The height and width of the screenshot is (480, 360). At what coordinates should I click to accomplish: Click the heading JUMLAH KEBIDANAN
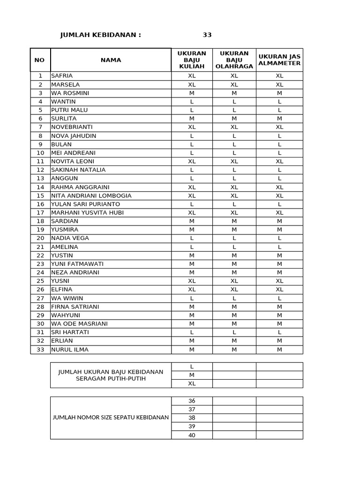point(100,35)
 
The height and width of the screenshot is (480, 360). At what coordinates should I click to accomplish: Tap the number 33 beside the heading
point(207,35)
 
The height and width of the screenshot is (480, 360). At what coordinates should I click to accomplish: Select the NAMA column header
point(111,60)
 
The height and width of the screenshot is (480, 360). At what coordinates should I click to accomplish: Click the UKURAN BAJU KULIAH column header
point(192,60)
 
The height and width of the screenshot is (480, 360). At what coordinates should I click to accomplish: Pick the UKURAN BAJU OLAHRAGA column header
point(234,60)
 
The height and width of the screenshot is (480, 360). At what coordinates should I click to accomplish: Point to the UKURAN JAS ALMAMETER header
point(279,60)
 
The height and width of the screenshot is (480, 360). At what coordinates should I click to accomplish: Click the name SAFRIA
point(62,76)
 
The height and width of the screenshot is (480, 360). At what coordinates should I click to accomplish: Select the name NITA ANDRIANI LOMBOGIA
point(91,195)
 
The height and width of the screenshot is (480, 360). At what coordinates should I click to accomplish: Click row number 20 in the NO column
point(40,238)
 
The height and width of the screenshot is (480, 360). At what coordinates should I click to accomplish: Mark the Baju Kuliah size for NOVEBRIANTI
point(192,127)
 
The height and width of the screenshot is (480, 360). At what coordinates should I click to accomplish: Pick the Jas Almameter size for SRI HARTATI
point(279,332)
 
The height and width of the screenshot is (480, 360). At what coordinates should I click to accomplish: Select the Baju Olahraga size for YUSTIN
point(234,255)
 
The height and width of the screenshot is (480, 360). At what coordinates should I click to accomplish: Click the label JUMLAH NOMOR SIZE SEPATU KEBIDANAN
point(111,418)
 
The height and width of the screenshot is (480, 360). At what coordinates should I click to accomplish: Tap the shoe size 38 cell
point(192,418)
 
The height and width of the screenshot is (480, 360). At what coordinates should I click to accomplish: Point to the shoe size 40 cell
point(192,435)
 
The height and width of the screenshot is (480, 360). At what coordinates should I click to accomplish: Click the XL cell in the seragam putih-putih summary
point(192,383)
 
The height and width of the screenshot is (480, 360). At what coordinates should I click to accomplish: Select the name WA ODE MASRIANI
point(79,324)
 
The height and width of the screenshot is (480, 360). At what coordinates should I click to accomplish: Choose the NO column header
point(40,60)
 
